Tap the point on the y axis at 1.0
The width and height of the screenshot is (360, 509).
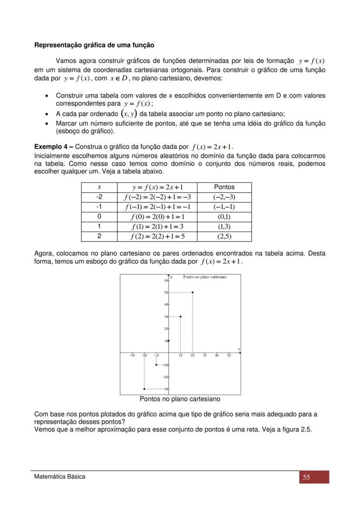(x=169, y=341)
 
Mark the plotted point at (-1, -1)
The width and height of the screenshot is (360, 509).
(x=156, y=365)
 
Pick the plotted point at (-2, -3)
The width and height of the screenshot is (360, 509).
(x=144, y=389)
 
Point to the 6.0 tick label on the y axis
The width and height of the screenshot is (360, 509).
(x=166, y=281)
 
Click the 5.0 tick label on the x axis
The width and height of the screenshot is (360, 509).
(x=229, y=356)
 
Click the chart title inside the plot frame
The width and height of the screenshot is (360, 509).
(x=205, y=277)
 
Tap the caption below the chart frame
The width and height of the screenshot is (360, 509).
(x=180, y=399)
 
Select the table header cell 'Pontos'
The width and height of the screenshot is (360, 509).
(x=224, y=187)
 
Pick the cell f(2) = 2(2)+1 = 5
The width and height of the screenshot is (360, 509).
(x=157, y=237)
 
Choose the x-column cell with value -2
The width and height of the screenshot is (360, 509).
(x=99, y=197)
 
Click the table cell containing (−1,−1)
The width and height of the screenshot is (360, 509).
(x=224, y=207)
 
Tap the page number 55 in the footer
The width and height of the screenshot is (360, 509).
(x=307, y=477)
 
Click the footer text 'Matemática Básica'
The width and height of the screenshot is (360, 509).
(x=60, y=477)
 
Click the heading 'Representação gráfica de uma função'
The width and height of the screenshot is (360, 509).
(x=94, y=45)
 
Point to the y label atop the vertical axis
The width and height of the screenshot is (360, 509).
(x=171, y=277)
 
